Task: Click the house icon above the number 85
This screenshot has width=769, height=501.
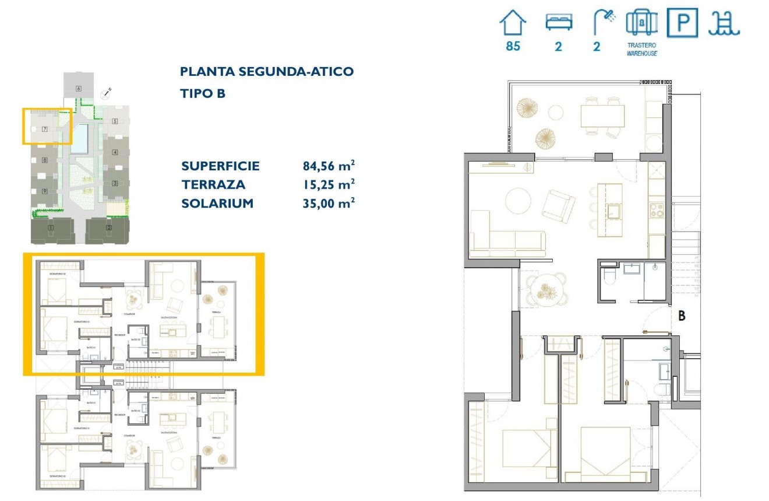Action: (513, 23)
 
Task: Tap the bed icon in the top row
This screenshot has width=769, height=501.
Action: (559, 23)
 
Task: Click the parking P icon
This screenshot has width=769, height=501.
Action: (682, 23)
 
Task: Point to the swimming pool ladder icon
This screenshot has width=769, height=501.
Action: (724, 23)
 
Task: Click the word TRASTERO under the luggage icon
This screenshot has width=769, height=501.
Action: (642, 45)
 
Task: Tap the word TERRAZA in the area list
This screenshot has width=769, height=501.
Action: (213, 185)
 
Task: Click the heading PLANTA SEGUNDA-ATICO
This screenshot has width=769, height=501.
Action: (267, 72)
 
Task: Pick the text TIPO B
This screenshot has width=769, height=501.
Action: (203, 93)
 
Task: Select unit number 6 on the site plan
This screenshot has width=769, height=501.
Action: (78, 88)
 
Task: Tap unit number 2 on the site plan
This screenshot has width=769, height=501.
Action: (109, 227)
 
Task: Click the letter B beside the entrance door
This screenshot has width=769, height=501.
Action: (682, 317)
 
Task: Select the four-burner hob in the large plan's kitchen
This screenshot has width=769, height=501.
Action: (657, 210)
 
